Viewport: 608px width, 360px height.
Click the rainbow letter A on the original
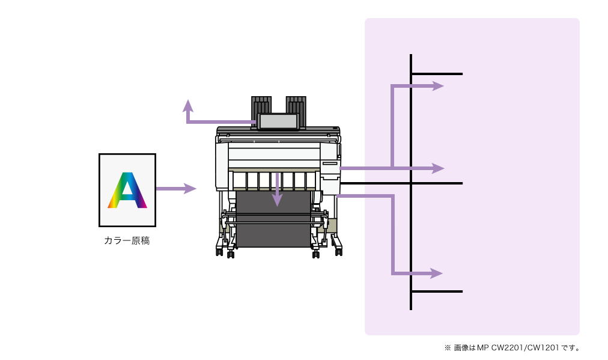(x=127, y=190)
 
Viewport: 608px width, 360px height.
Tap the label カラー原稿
(x=127, y=241)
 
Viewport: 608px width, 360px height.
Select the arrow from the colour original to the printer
(x=176, y=189)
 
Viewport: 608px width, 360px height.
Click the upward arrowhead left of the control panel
(x=188, y=106)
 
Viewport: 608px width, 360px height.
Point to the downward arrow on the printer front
(x=277, y=189)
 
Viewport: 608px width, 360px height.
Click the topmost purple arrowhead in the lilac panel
(x=438, y=86)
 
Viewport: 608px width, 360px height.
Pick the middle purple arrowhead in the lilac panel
(x=439, y=168)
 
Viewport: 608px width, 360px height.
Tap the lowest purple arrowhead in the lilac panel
(x=437, y=273)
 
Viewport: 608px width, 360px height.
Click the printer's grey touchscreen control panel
(x=278, y=121)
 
